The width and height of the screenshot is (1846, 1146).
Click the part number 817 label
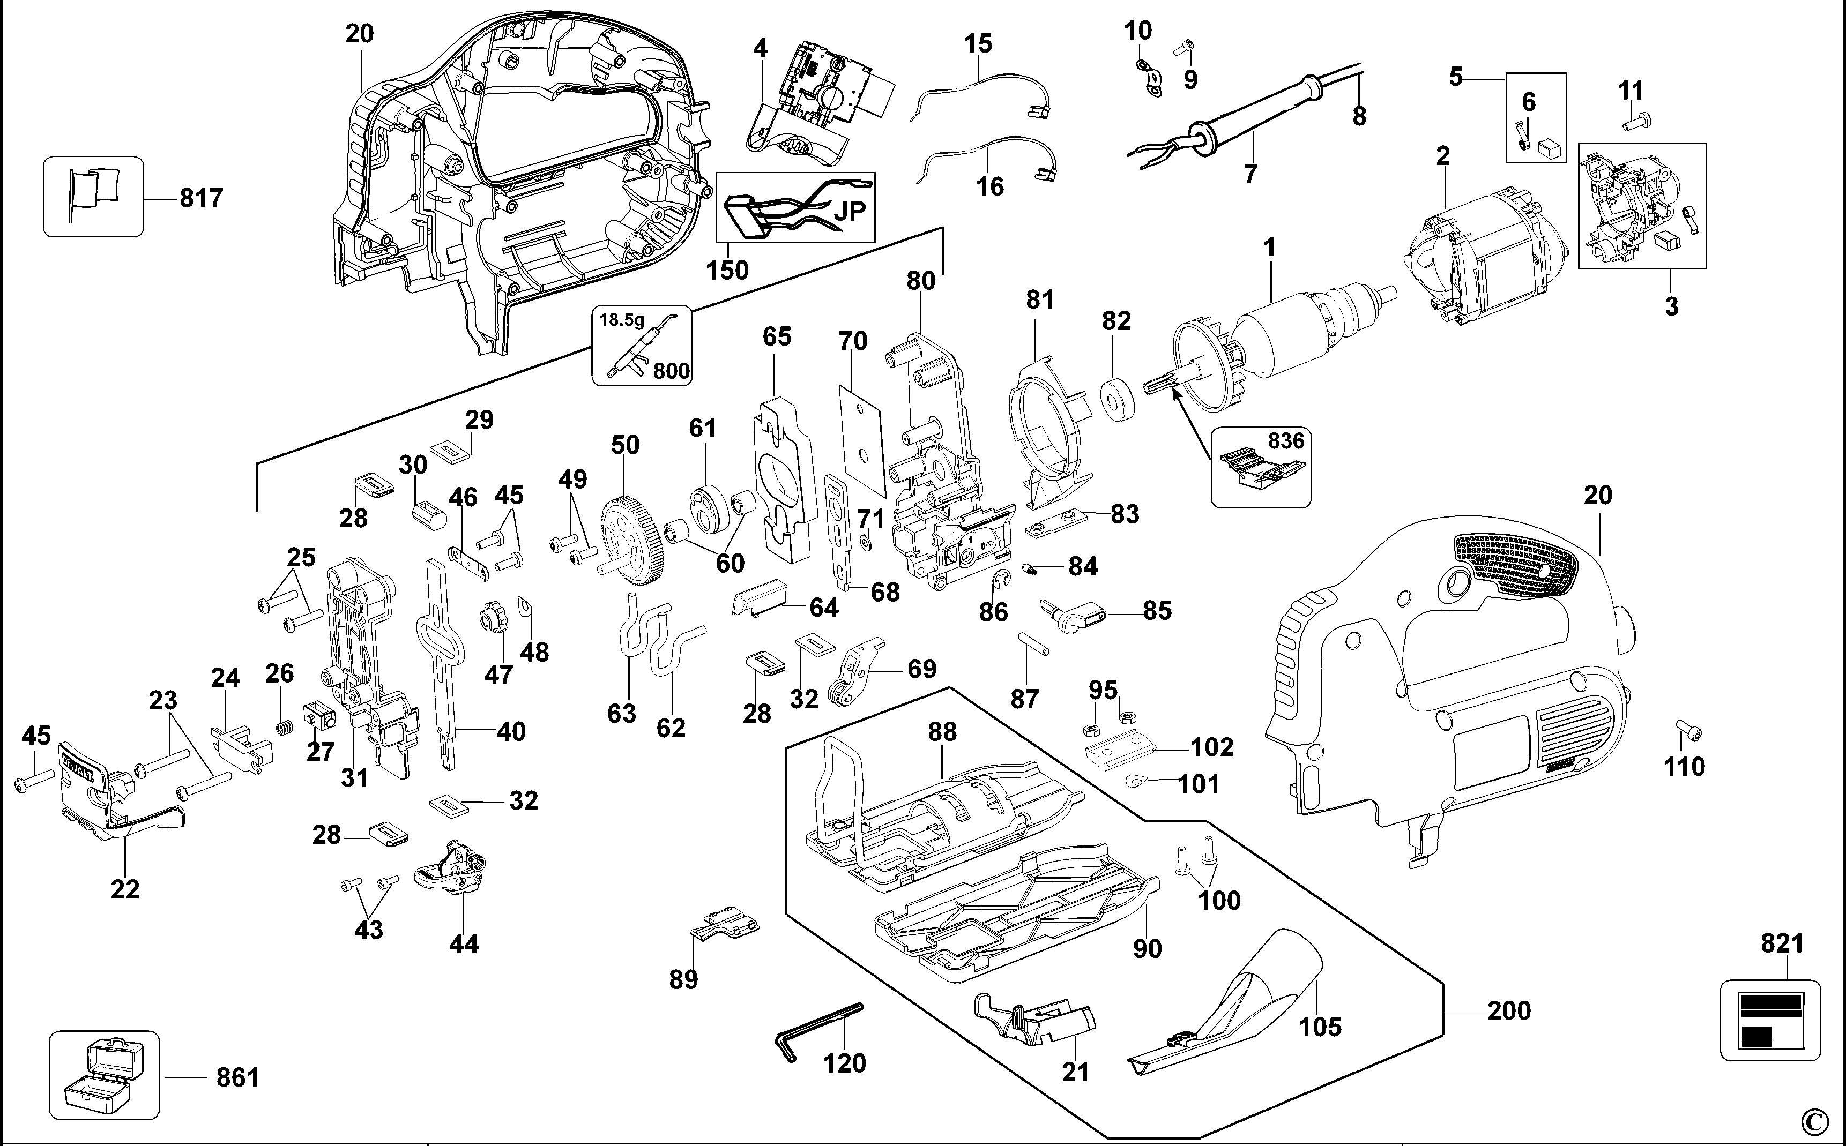(201, 199)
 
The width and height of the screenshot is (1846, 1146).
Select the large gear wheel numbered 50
(635, 540)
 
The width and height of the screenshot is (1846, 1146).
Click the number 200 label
(1509, 1011)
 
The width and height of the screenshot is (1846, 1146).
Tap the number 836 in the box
(1286, 441)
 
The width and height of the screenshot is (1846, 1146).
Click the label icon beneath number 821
(1769, 1020)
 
